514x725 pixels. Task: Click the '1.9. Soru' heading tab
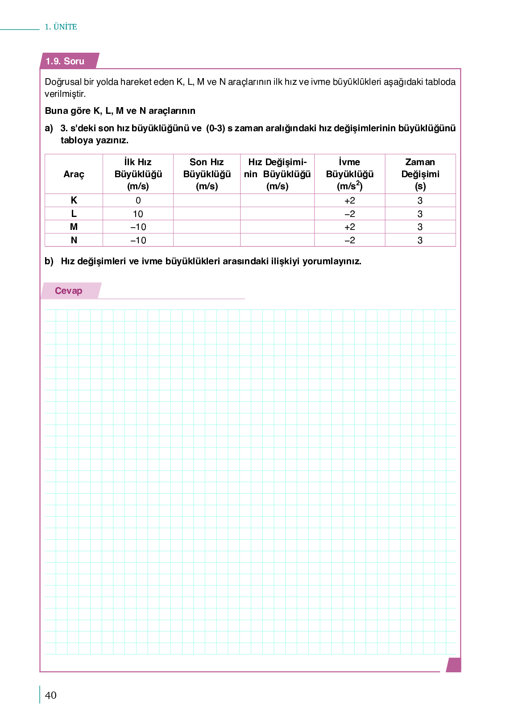click(x=65, y=61)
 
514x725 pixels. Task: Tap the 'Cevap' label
click(x=68, y=291)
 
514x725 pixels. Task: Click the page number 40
click(x=51, y=695)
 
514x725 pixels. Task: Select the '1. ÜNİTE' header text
click(x=61, y=27)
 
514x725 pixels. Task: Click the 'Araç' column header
click(x=74, y=174)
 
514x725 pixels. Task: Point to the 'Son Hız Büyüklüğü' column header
click(x=207, y=174)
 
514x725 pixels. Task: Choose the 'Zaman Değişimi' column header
click(x=420, y=174)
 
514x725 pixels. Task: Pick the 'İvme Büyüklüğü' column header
click(x=349, y=174)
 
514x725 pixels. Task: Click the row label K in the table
click(x=74, y=200)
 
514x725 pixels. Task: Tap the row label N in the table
click(x=74, y=240)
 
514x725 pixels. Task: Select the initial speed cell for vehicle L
click(x=138, y=214)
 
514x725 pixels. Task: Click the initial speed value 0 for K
click(x=138, y=200)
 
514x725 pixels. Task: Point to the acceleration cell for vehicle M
click(x=349, y=227)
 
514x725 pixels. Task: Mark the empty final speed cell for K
click(x=207, y=200)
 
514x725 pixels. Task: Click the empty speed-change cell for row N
click(x=277, y=240)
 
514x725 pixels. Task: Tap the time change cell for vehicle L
click(x=420, y=214)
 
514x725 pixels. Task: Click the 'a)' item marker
click(x=49, y=128)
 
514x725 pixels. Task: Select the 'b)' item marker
click(x=49, y=261)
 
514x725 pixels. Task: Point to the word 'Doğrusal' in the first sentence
click(x=63, y=82)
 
